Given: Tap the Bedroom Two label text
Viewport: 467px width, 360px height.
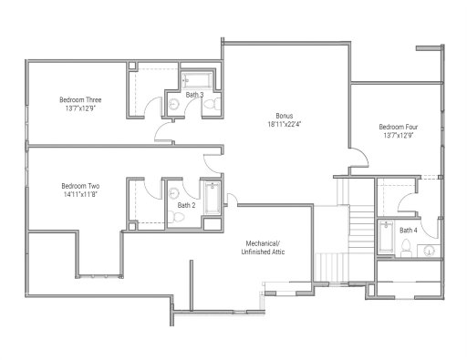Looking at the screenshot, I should [81, 185].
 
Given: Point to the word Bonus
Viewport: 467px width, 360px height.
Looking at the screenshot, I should [285, 116].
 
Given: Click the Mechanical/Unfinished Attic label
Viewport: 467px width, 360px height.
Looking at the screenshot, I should [267, 246].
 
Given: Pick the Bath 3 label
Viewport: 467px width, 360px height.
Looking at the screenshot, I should [194, 94].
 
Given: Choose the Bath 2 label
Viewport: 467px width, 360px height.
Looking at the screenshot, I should [186, 205].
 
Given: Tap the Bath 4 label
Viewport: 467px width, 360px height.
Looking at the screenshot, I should [408, 231].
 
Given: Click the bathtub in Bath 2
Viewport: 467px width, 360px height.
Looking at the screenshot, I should [213, 200].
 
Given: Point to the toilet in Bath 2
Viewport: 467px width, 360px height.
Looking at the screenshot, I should [172, 218].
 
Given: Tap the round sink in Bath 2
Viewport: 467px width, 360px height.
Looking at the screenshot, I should [171, 193].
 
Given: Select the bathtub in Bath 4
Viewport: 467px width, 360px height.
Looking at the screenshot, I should [386, 241].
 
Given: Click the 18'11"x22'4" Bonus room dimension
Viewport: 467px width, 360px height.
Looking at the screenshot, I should [285, 125].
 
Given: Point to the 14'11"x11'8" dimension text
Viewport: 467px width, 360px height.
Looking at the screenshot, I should [81, 194].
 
